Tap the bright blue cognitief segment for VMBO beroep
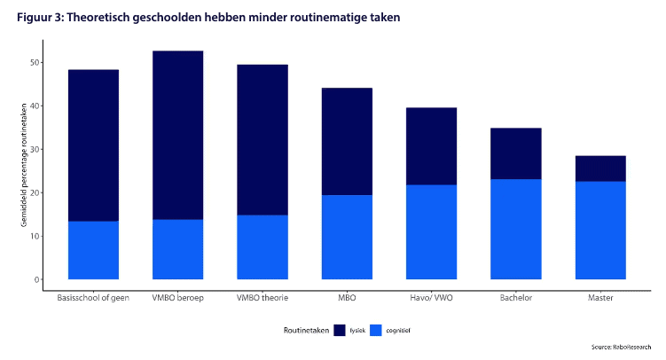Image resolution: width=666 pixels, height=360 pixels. (177, 249)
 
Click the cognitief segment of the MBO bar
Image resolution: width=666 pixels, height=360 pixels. (347, 237)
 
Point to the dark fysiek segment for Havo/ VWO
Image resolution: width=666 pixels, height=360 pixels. (431, 146)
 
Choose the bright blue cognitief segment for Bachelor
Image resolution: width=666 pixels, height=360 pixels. (516, 229)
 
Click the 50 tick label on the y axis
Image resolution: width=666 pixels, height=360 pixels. (35, 63)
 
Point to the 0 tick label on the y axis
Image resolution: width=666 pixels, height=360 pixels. (38, 279)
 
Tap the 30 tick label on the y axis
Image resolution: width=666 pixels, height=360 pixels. (35, 150)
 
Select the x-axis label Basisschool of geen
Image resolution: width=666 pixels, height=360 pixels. (93, 298)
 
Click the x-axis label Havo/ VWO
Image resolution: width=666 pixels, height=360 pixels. (431, 298)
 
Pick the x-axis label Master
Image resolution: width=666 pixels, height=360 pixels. (600, 298)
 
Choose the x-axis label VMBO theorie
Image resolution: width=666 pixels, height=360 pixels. (262, 298)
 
